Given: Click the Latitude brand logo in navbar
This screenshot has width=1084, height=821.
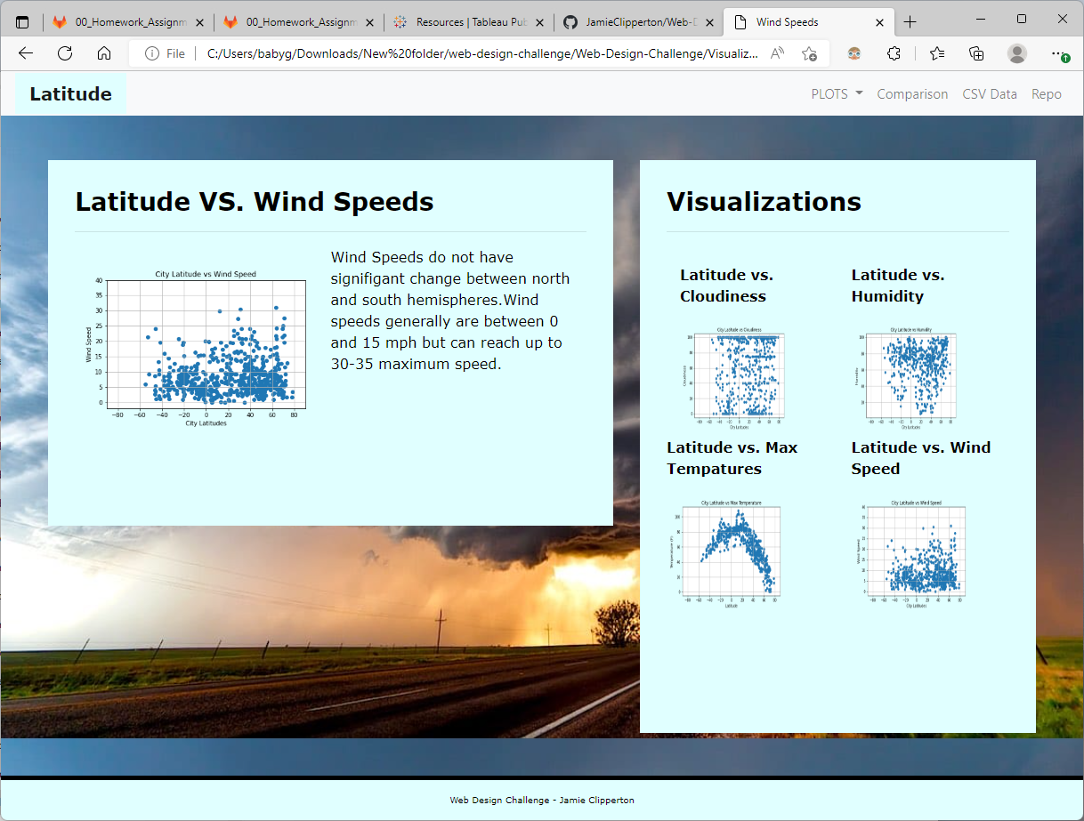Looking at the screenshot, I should point(70,94).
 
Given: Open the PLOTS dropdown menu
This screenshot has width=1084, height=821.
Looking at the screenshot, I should point(837,94).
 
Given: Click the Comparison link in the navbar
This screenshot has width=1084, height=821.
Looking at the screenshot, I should point(912,94).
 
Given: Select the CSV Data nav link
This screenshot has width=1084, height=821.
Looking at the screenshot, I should point(989,94).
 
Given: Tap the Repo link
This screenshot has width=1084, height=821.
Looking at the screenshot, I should point(1046,94).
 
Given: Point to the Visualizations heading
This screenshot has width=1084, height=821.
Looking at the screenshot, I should point(764,202).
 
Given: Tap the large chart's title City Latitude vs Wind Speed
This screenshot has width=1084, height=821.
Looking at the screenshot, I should point(206,274).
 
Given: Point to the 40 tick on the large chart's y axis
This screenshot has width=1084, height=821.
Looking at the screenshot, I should point(99,280).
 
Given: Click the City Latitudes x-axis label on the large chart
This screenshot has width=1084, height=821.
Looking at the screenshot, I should point(206,423).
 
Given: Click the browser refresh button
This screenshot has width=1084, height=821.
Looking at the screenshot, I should point(65,53).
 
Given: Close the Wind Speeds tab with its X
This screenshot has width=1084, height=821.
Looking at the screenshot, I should point(880,21).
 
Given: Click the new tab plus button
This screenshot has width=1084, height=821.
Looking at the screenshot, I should point(910,21).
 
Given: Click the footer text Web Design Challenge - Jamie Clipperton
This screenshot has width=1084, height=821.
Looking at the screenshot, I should point(541,800).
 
